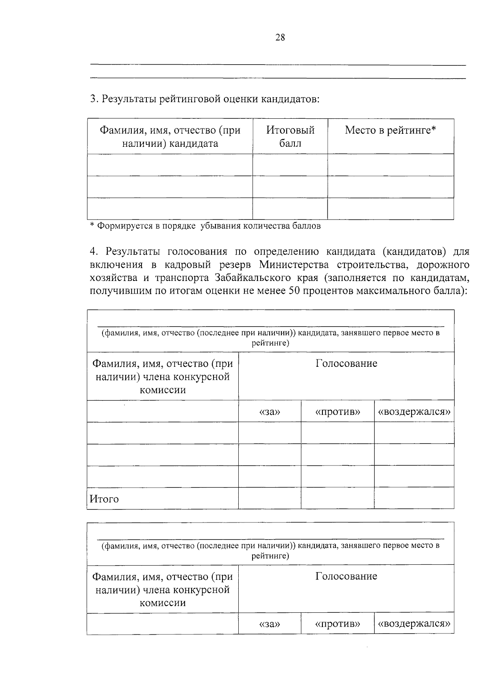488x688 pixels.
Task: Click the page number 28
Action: (280, 38)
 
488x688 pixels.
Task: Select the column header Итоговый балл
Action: (290, 137)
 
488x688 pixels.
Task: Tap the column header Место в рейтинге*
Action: (390, 131)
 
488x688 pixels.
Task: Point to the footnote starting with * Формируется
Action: (205, 226)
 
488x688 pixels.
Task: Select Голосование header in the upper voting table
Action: (346, 364)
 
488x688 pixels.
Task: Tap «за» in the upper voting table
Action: (270, 412)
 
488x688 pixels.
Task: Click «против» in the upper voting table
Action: (338, 412)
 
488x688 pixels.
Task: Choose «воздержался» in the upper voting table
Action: (414, 412)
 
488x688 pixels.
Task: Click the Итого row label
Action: (104, 499)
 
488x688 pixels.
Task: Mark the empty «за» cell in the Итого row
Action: (270, 498)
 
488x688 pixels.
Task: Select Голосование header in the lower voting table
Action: (346, 576)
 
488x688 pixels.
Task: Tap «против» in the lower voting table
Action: (338, 624)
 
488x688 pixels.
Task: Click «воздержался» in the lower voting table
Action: (414, 624)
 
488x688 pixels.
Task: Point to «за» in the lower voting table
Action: (270, 624)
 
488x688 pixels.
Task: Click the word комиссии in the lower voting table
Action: (163, 603)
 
